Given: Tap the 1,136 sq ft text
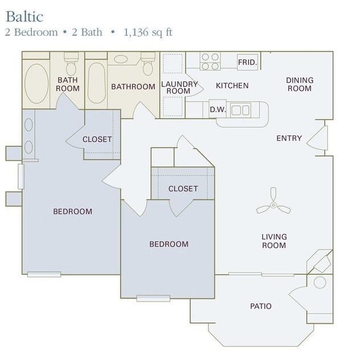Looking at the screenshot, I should click(x=148, y=32).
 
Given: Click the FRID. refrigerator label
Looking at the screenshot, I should click(x=247, y=61).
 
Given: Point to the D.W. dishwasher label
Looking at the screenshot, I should click(x=217, y=109).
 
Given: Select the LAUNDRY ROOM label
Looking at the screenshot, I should click(x=179, y=87).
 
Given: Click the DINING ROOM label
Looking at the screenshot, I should click(x=299, y=84).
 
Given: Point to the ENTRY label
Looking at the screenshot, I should click(x=289, y=138).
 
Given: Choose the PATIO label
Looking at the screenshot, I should click(x=260, y=306).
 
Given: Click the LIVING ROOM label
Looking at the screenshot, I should click(x=274, y=241).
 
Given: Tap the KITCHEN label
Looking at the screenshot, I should click(x=232, y=86).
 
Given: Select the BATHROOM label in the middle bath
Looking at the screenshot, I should click(x=133, y=87).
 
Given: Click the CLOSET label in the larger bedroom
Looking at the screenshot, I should click(x=97, y=139).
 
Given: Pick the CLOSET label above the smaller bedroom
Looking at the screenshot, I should click(x=183, y=188).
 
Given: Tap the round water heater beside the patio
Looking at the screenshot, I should click(x=320, y=282).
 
